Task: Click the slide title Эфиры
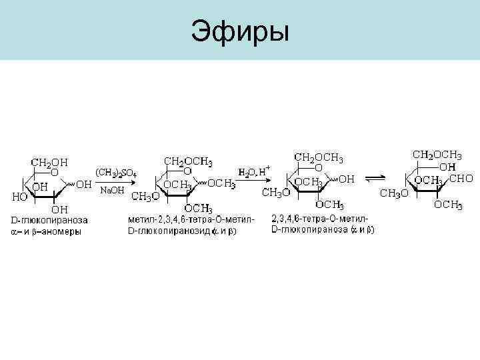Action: [240, 31]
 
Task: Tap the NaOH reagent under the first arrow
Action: [111, 190]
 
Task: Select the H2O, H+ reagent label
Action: [255, 171]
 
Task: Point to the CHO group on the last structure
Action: [462, 179]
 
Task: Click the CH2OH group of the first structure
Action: [49, 162]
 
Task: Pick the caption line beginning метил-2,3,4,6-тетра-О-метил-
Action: [191, 219]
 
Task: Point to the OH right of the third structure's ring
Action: [347, 179]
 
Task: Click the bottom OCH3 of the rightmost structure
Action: [448, 205]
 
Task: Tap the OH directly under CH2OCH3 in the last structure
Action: [447, 167]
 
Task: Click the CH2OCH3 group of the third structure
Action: [319, 158]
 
